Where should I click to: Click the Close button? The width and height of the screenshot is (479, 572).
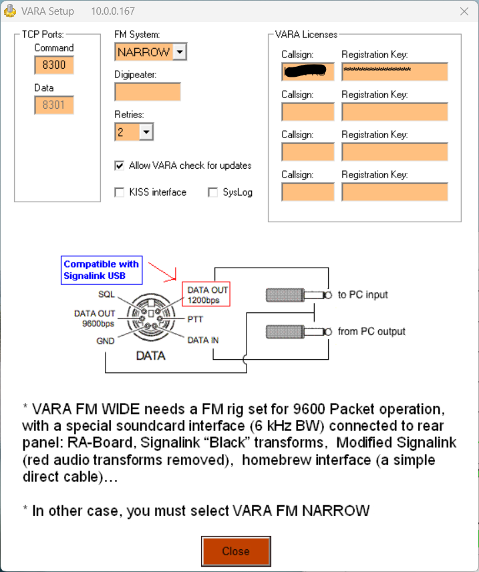click(236, 551)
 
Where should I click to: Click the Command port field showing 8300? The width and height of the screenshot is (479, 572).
click(54, 65)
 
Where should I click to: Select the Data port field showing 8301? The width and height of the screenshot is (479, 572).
click(54, 105)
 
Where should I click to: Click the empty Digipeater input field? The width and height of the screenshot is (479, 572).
click(148, 92)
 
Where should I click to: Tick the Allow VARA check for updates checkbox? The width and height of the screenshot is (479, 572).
click(120, 166)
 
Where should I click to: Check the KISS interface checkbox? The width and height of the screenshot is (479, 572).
click(120, 192)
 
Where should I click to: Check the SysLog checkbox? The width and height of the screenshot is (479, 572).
click(213, 192)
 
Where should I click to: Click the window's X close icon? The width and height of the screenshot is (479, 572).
click(464, 11)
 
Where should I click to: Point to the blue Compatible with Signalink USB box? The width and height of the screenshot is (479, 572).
click(101, 270)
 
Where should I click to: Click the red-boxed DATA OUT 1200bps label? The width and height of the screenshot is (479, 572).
click(206, 294)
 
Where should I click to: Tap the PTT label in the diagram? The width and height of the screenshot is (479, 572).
click(195, 320)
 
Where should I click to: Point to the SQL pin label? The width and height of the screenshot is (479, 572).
click(106, 294)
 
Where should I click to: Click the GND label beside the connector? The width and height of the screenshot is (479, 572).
click(105, 340)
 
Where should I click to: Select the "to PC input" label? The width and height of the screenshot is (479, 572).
click(363, 295)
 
